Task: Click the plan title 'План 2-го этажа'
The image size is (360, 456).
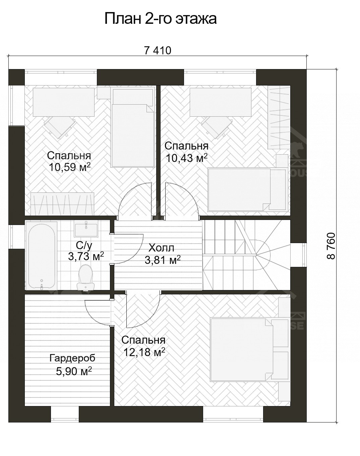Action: coord(161,19)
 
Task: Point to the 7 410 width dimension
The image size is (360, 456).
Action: coord(158,51)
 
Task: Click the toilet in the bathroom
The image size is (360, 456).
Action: coord(86,277)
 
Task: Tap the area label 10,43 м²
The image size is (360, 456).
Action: coord(186,158)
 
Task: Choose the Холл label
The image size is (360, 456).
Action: coord(161,248)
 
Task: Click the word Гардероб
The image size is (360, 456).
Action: coord(72,358)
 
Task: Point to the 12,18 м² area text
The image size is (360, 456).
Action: coord(144,352)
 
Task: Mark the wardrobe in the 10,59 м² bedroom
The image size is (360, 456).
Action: coord(62,204)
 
